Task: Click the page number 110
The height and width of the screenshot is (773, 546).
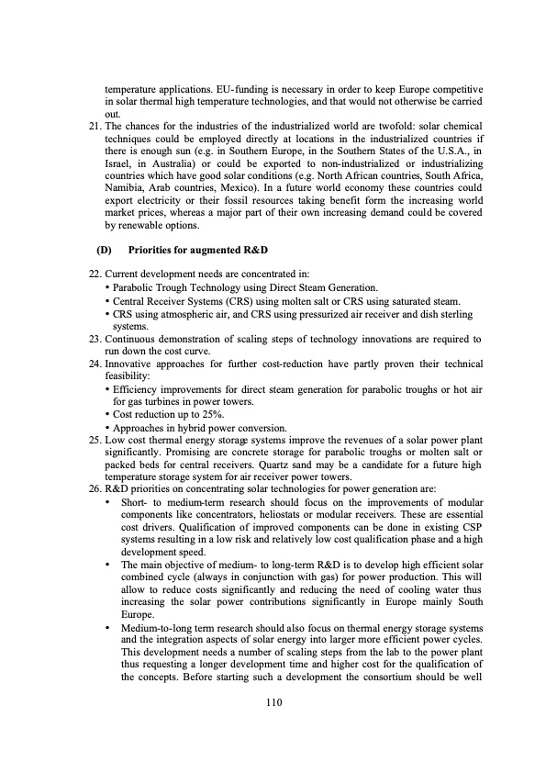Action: click(272, 703)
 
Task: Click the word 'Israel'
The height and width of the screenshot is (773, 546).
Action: click(120, 172)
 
